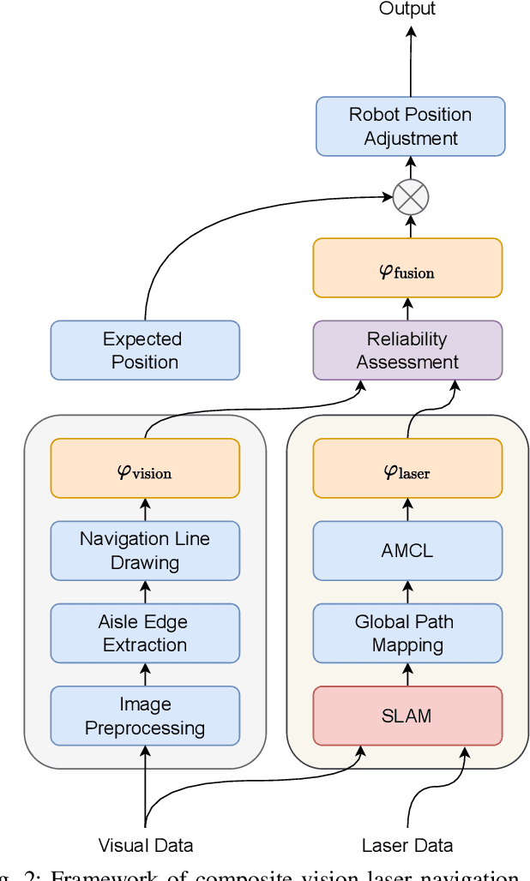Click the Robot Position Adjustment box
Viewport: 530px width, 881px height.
410,126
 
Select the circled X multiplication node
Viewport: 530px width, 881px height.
410,198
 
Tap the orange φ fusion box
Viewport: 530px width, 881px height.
407,268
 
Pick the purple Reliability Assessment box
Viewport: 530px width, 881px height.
407,351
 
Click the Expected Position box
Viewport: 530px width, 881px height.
145,351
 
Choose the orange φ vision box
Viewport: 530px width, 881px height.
145,468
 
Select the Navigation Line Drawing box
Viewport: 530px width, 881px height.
145,551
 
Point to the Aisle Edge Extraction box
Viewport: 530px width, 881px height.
145,633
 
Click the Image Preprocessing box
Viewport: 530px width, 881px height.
145,716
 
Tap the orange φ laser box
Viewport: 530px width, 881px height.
407,468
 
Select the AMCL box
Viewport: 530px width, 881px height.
407,551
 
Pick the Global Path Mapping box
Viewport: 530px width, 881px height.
407,633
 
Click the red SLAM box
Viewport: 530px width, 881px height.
407,716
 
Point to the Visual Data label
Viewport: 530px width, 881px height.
146,846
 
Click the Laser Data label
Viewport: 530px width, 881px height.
407,846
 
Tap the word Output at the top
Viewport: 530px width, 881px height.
407,9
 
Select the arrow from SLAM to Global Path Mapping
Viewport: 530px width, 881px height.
407,675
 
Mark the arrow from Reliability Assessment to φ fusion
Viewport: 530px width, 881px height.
407,309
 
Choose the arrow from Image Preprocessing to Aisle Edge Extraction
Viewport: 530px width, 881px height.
145,675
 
